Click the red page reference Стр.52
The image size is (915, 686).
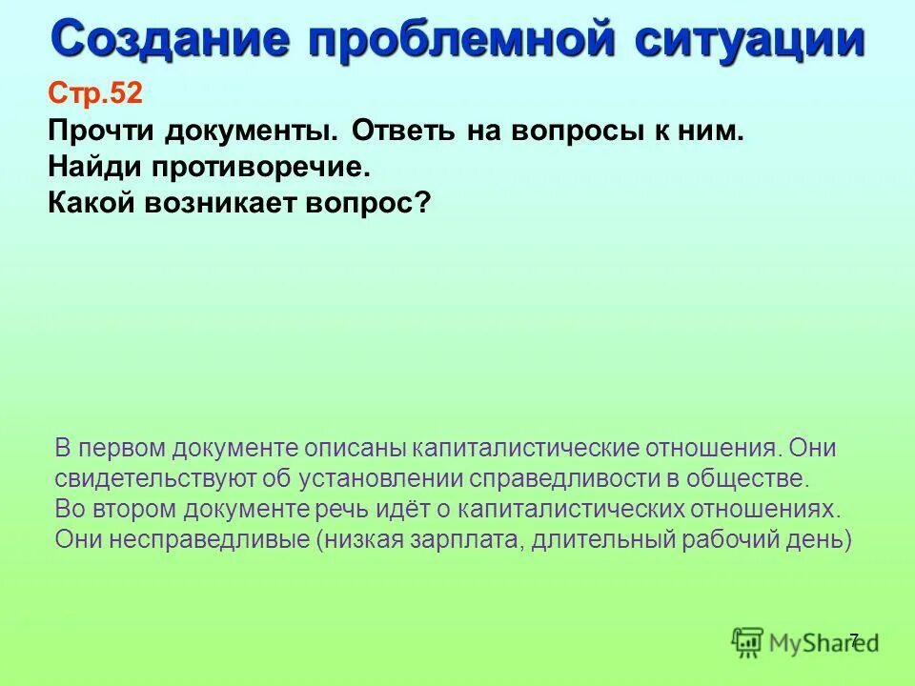(94, 93)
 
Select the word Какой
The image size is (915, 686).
(92, 203)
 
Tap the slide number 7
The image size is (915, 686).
(853, 639)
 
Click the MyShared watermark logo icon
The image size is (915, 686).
(748, 642)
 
